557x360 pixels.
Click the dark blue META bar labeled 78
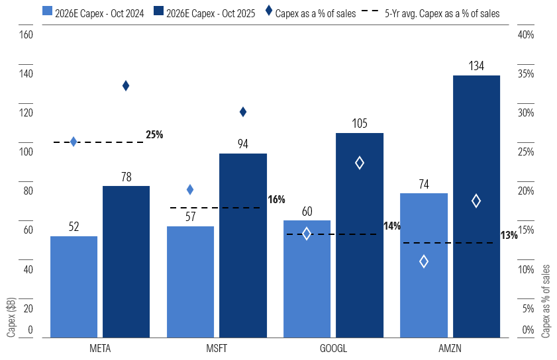pos(126,261)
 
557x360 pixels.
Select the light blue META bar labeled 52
pos(74,287)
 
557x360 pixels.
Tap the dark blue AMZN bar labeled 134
pos(476,206)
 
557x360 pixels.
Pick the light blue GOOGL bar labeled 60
pos(307,279)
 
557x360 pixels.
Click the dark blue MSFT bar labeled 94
pos(243,245)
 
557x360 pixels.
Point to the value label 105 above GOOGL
pos(360,124)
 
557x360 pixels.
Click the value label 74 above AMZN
pos(424,184)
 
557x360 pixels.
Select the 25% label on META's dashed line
pos(154,134)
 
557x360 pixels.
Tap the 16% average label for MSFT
pos(276,199)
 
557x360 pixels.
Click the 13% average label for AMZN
pos(509,235)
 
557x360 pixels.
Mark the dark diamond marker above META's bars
pos(126,85)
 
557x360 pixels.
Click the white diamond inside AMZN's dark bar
pos(476,201)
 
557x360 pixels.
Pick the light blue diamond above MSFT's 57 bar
pos(190,190)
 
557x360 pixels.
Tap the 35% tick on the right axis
pos(525,74)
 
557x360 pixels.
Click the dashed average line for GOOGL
pos(331,234)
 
